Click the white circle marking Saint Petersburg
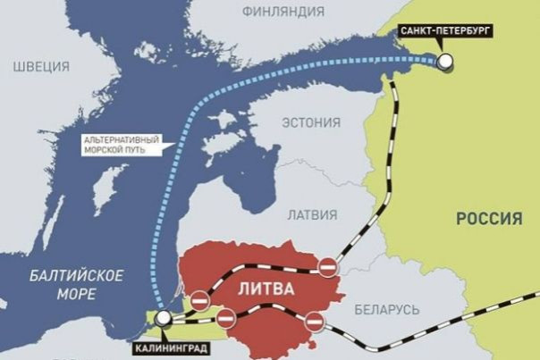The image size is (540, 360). point(444,61)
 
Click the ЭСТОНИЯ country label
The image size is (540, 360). point(310,122)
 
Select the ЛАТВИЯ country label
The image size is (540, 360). point(311,215)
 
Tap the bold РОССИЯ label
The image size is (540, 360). point(488,218)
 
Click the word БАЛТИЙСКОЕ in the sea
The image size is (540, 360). point(63,274)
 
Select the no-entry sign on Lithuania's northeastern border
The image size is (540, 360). point(328,265)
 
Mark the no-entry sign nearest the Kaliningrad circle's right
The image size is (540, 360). point(226,316)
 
